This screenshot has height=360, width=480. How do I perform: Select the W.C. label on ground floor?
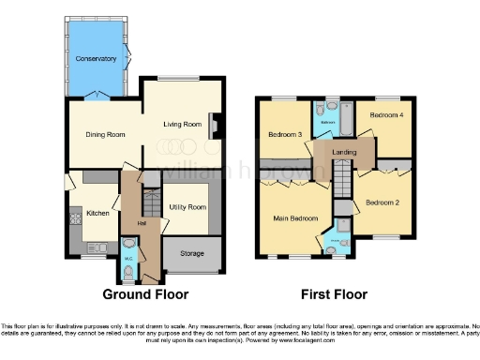(128, 258)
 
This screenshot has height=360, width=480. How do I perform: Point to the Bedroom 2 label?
(382, 202)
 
